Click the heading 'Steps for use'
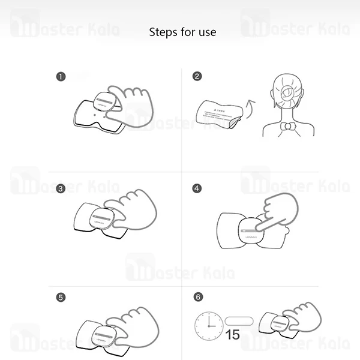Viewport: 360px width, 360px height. click(182, 32)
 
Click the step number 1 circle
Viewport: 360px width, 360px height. click(60, 76)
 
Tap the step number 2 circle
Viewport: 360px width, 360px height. click(197, 76)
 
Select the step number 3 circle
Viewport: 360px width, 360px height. click(60, 188)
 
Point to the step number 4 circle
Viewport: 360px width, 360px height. click(197, 188)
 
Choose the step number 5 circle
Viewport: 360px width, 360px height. click(60, 297)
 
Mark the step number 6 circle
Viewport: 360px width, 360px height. click(197, 297)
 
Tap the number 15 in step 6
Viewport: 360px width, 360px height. click(232, 334)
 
